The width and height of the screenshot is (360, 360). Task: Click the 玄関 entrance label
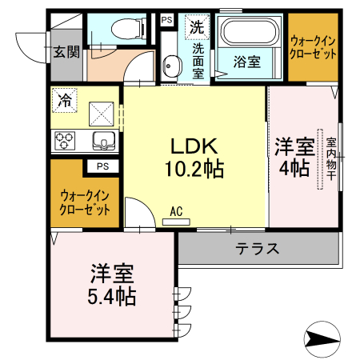click(x=66, y=52)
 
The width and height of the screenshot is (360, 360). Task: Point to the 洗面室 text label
click(x=198, y=60)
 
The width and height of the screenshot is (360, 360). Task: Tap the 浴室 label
click(x=246, y=60)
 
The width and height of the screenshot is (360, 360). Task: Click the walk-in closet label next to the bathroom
click(x=313, y=46)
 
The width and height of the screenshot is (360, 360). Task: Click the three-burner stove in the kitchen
click(x=66, y=141)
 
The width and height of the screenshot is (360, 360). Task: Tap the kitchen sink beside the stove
click(x=103, y=141)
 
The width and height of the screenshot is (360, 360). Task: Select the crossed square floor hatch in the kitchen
click(x=102, y=113)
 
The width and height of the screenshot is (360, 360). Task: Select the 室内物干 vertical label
click(x=330, y=159)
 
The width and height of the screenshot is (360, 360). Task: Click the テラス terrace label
click(x=257, y=248)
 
